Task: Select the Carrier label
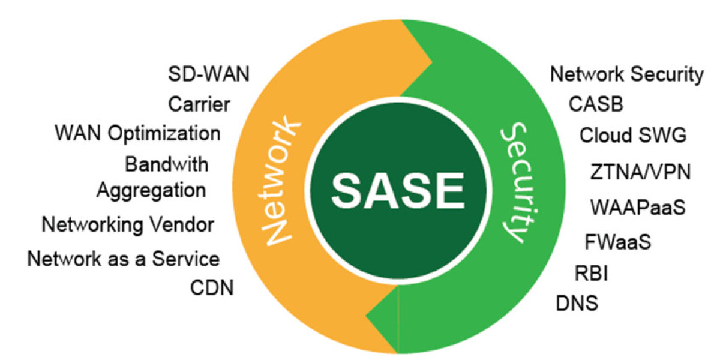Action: point(199,104)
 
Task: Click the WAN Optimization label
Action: point(137,133)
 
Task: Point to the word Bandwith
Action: point(167,163)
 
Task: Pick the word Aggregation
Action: point(151,190)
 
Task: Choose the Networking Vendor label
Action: point(128,225)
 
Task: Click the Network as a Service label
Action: point(124,259)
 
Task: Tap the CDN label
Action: point(212,288)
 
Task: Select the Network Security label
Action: point(626,75)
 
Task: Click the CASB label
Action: point(596,104)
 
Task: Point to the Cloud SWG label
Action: point(632,136)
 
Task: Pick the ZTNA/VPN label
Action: point(640,173)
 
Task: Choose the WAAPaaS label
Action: point(638,208)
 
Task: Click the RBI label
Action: point(592,274)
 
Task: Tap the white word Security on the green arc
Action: point(513,183)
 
